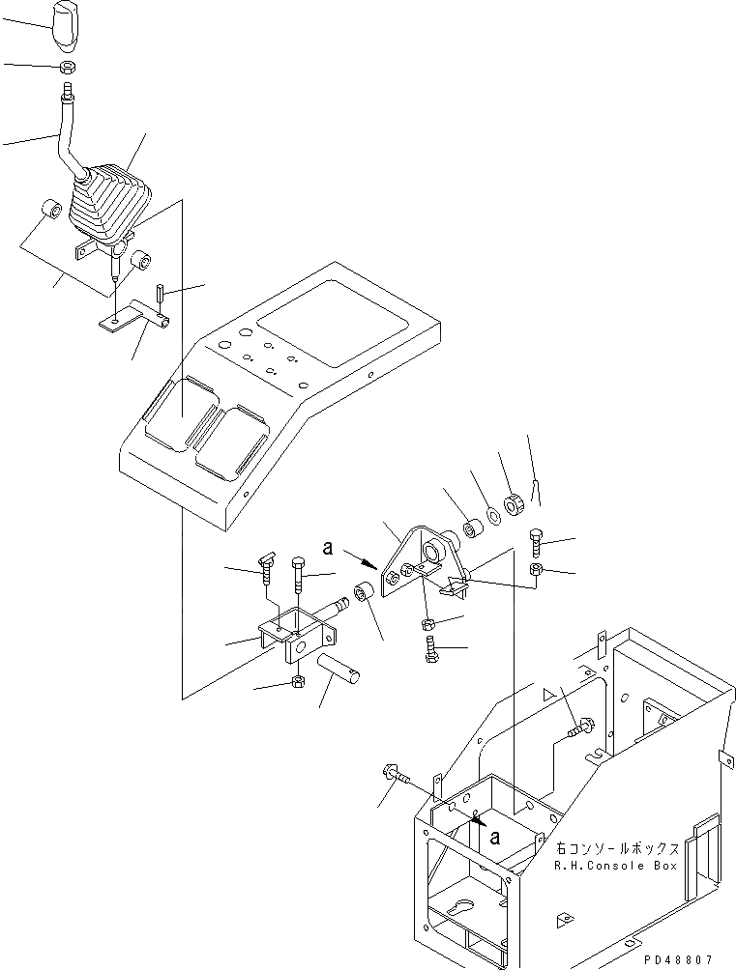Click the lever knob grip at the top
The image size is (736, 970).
click(67, 25)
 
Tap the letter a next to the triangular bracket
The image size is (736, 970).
click(329, 548)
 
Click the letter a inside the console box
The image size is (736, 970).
click(495, 837)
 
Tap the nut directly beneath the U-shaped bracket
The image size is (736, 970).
click(299, 684)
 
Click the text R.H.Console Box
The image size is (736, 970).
click(615, 866)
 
